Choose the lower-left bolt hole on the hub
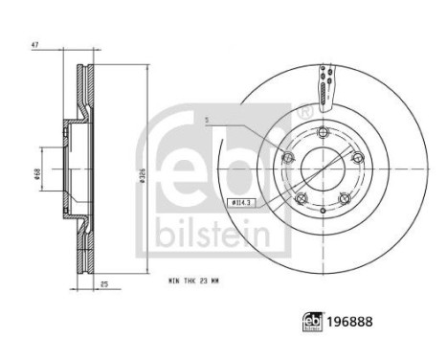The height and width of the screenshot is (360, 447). [x=300, y=199]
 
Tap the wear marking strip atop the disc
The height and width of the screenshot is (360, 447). [x=327, y=83]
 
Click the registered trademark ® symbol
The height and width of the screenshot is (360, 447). [x=303, y=112]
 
